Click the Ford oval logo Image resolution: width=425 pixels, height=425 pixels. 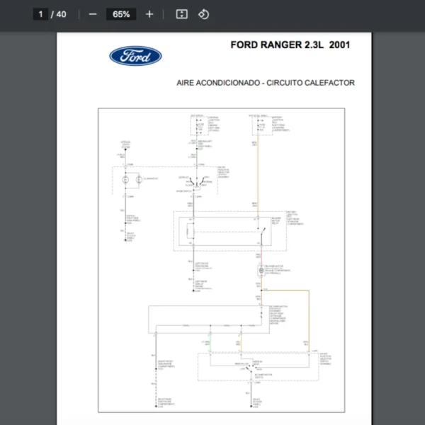tap(135, 57)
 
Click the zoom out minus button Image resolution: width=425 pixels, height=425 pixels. tap(93, 14)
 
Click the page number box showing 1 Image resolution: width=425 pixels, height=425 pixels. tap(40, 14)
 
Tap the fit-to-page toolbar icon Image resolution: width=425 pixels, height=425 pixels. tap(181, 14)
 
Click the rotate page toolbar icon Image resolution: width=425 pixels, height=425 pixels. tap(204, 14)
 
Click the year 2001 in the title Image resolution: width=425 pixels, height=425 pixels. tap(339, 45)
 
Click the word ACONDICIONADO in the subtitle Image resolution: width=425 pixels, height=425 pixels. tap(227, 83)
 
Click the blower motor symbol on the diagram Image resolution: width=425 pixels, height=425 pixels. tap(261, 271)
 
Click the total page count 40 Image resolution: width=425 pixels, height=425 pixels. tap(62, 14)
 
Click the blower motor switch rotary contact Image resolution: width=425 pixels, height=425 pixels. tap(250, 369)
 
